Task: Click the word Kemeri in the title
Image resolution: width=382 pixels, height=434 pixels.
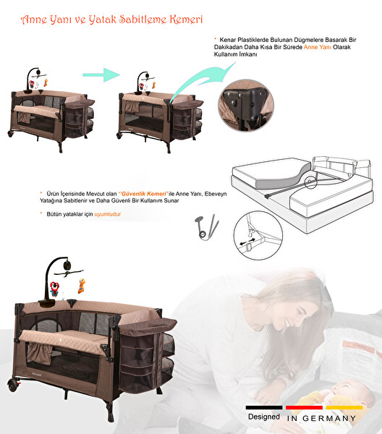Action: coord(181,19)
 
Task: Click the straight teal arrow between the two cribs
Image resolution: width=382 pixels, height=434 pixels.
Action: coord(99,74)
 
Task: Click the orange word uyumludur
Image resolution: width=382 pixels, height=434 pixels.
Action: coord(105,215)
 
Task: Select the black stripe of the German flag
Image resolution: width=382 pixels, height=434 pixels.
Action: coord(264,407)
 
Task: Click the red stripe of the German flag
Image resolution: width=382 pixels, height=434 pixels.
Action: coord(303,407)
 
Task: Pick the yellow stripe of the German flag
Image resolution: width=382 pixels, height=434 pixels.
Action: coord(340,407)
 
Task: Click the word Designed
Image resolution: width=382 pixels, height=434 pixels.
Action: coord(264,417)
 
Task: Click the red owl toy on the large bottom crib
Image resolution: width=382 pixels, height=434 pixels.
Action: coord(54,289)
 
